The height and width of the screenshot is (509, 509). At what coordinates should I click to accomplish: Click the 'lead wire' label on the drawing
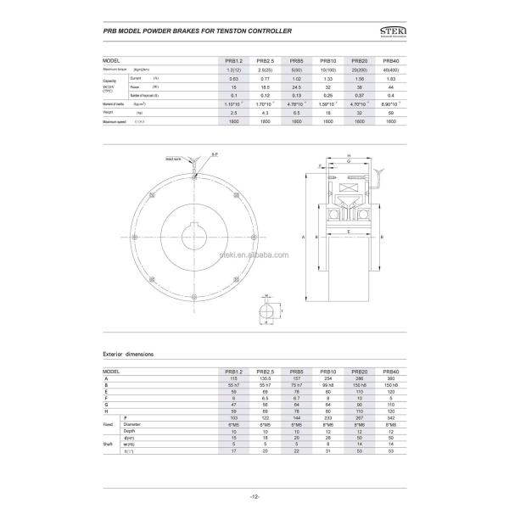[175, 159]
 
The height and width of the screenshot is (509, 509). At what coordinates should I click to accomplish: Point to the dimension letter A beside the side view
[303, 238]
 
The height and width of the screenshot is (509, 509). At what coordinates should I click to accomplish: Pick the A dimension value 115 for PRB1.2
[233, 378]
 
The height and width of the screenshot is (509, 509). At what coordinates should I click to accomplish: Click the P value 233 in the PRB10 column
[327, 419]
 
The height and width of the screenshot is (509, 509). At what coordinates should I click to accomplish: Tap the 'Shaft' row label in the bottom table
[108, 443]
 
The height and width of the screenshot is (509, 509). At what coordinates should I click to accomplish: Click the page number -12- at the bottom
[254, 495]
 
